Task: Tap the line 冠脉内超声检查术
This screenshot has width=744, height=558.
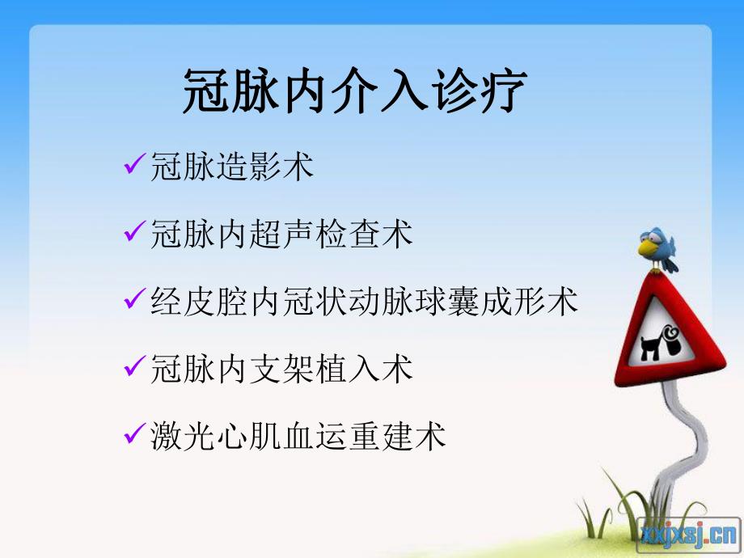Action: click(281, 235)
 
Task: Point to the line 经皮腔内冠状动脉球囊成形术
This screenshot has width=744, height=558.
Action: click(365, 302)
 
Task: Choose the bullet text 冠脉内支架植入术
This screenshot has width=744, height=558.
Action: click(281, 369)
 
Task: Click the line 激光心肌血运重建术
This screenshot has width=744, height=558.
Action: click(298, 436)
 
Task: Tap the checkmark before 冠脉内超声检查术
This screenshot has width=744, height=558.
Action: click(135, 234)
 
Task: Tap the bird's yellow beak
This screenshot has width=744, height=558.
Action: click(645, 251)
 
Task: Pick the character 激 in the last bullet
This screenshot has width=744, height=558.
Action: click(166, 436)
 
